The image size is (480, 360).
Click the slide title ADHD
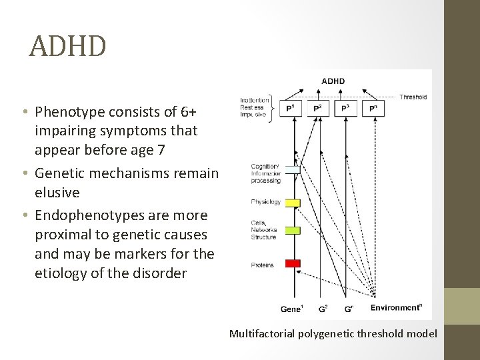pyautogui.click(x=67, y=47)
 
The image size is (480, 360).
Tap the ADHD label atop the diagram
pyautogui.click(x=333, y=81)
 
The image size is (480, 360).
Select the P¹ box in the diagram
pyautogui.click(x=290, y=108)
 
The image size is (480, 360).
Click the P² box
pyautogui.click(x=318, y=108)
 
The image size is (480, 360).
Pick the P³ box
pyautogui.click(x=345, y=108)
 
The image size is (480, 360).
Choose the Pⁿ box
pyautogui.click(x=373, y=108)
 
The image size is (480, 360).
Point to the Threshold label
pyautogui.click(x=413, y=97)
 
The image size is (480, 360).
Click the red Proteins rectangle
pyautogui.click(x=293, y=264)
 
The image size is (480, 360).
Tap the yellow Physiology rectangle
pyautogui.click(x=293, y=203)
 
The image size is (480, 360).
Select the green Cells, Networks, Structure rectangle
pyautogui.click(x=293, y=231)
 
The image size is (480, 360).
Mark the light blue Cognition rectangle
pyautogui.click(x=293, y=170)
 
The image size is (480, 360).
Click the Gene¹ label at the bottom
pyautogui.click(x=292, y=309)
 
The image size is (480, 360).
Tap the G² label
pyautogui.click(x=322, y=309)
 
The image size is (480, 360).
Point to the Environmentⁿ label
pyautogui.click(x=396, y=308)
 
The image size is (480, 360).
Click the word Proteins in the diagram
pyautogui.click(x=262, y=265)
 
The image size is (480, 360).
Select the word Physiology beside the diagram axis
pyautogui.click(x=265, y=202)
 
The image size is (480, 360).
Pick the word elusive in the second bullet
pyautogui.click(x=57, y=193)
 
